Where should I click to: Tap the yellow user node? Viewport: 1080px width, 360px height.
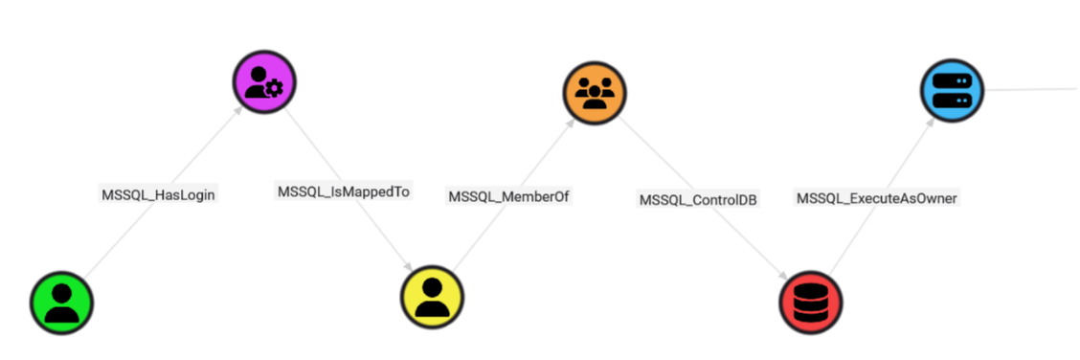coord(432,296)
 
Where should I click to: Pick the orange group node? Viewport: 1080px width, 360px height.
coord(594,92)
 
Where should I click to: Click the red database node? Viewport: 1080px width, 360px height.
coord(812,302)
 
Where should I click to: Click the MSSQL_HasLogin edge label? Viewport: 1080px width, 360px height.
coord(159,194)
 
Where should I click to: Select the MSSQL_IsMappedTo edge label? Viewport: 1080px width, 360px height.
coord(344,191)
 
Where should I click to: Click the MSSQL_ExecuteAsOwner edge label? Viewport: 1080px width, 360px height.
coord(877,197)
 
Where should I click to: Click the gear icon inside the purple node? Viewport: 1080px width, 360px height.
coord(275,88)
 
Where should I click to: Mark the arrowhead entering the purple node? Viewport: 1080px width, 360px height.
coord(236,115)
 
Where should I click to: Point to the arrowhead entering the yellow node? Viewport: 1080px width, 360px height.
coord(409,266)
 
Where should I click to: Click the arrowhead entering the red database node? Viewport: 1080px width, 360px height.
coord(788,271)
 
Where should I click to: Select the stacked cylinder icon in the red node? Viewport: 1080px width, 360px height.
coord(812,303)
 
